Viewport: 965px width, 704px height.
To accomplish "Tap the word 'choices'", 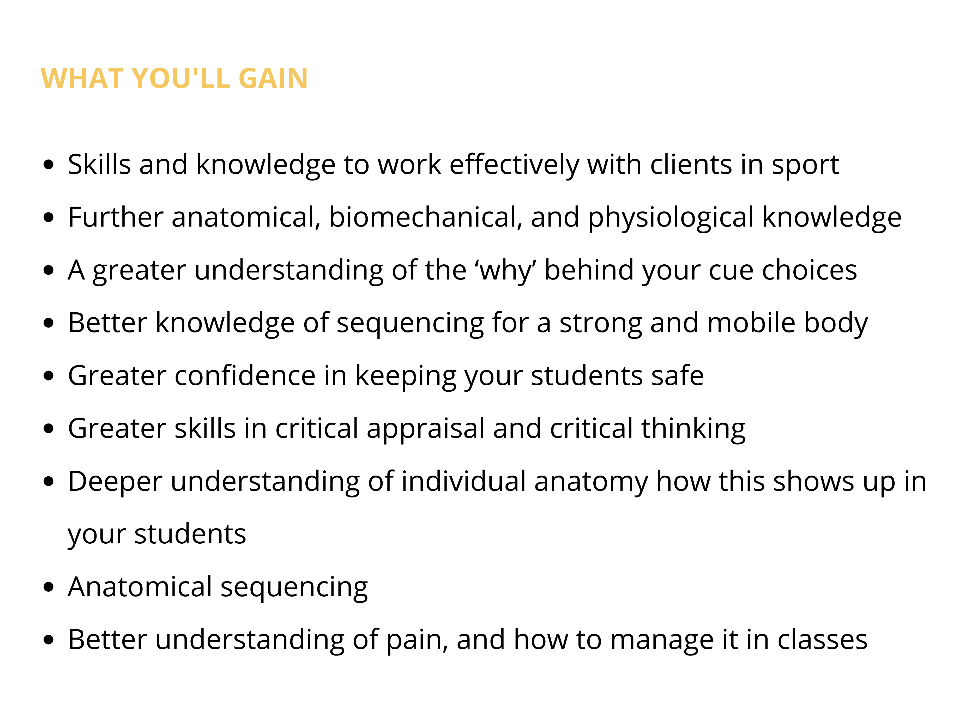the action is coord(809,270).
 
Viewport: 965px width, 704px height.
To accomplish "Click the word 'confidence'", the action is coord(245,376).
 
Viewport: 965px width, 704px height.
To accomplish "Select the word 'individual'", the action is coord(464,482).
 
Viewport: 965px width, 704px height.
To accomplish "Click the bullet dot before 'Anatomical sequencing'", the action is coord(49,587).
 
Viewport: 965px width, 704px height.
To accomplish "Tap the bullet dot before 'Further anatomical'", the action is coord(49,217).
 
